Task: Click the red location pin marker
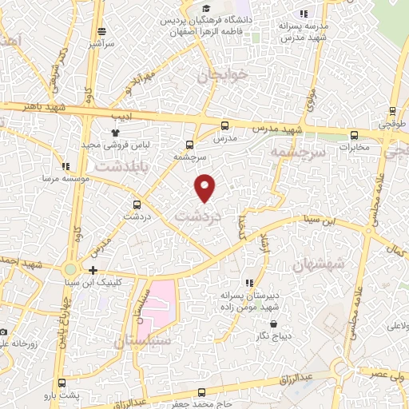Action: coord(206,187)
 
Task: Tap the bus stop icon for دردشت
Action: coord(137,204)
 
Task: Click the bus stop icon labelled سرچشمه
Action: coord(189,145)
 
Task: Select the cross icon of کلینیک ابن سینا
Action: coord(94,271)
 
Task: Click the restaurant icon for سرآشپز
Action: coord(101,31)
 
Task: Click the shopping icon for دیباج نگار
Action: coord(274,324)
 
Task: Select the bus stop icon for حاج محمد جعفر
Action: coord(201,392)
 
